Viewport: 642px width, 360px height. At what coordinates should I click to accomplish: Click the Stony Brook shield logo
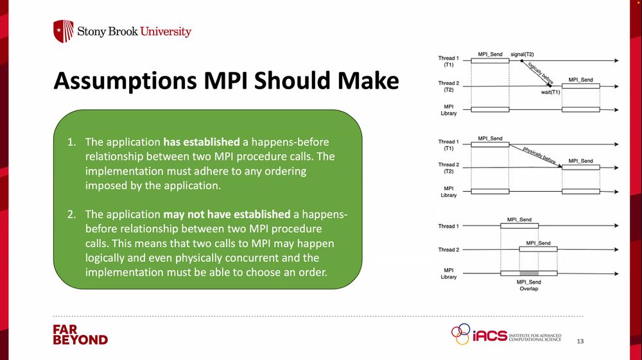[64, 31]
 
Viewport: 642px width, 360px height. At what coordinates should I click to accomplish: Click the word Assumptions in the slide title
[125, 81]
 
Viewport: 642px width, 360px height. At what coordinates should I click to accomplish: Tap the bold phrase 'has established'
[202, 142]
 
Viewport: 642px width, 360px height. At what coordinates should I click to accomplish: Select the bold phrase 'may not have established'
[227, 214]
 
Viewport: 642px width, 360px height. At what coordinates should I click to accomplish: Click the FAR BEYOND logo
[80, 335]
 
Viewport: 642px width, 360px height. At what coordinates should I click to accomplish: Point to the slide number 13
[580, 341]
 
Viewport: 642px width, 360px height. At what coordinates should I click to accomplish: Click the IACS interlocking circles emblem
[461, 334]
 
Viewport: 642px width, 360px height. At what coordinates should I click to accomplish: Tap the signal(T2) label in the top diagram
[522, 55]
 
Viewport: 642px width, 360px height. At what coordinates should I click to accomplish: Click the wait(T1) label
[550, 92]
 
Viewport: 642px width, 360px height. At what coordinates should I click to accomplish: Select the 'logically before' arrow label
[541, 73]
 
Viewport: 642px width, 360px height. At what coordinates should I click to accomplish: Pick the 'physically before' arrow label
[539, 155]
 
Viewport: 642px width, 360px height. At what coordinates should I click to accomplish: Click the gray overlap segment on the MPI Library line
[529, 273]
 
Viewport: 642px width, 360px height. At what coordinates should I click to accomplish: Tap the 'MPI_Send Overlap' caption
[528, 285]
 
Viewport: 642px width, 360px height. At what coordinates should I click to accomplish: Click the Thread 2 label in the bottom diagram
[448, 250]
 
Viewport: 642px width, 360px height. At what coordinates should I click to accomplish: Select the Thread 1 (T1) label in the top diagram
[448, 62]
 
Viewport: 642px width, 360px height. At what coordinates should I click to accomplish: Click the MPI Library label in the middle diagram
[448, 192]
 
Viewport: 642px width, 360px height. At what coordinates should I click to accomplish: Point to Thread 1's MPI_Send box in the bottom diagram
[519, 225]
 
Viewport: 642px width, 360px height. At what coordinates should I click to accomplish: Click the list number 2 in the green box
[72, 214]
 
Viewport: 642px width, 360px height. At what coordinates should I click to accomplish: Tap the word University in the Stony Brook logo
[166, 31]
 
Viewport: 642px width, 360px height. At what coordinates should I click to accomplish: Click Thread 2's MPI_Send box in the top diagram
[580, 86]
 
